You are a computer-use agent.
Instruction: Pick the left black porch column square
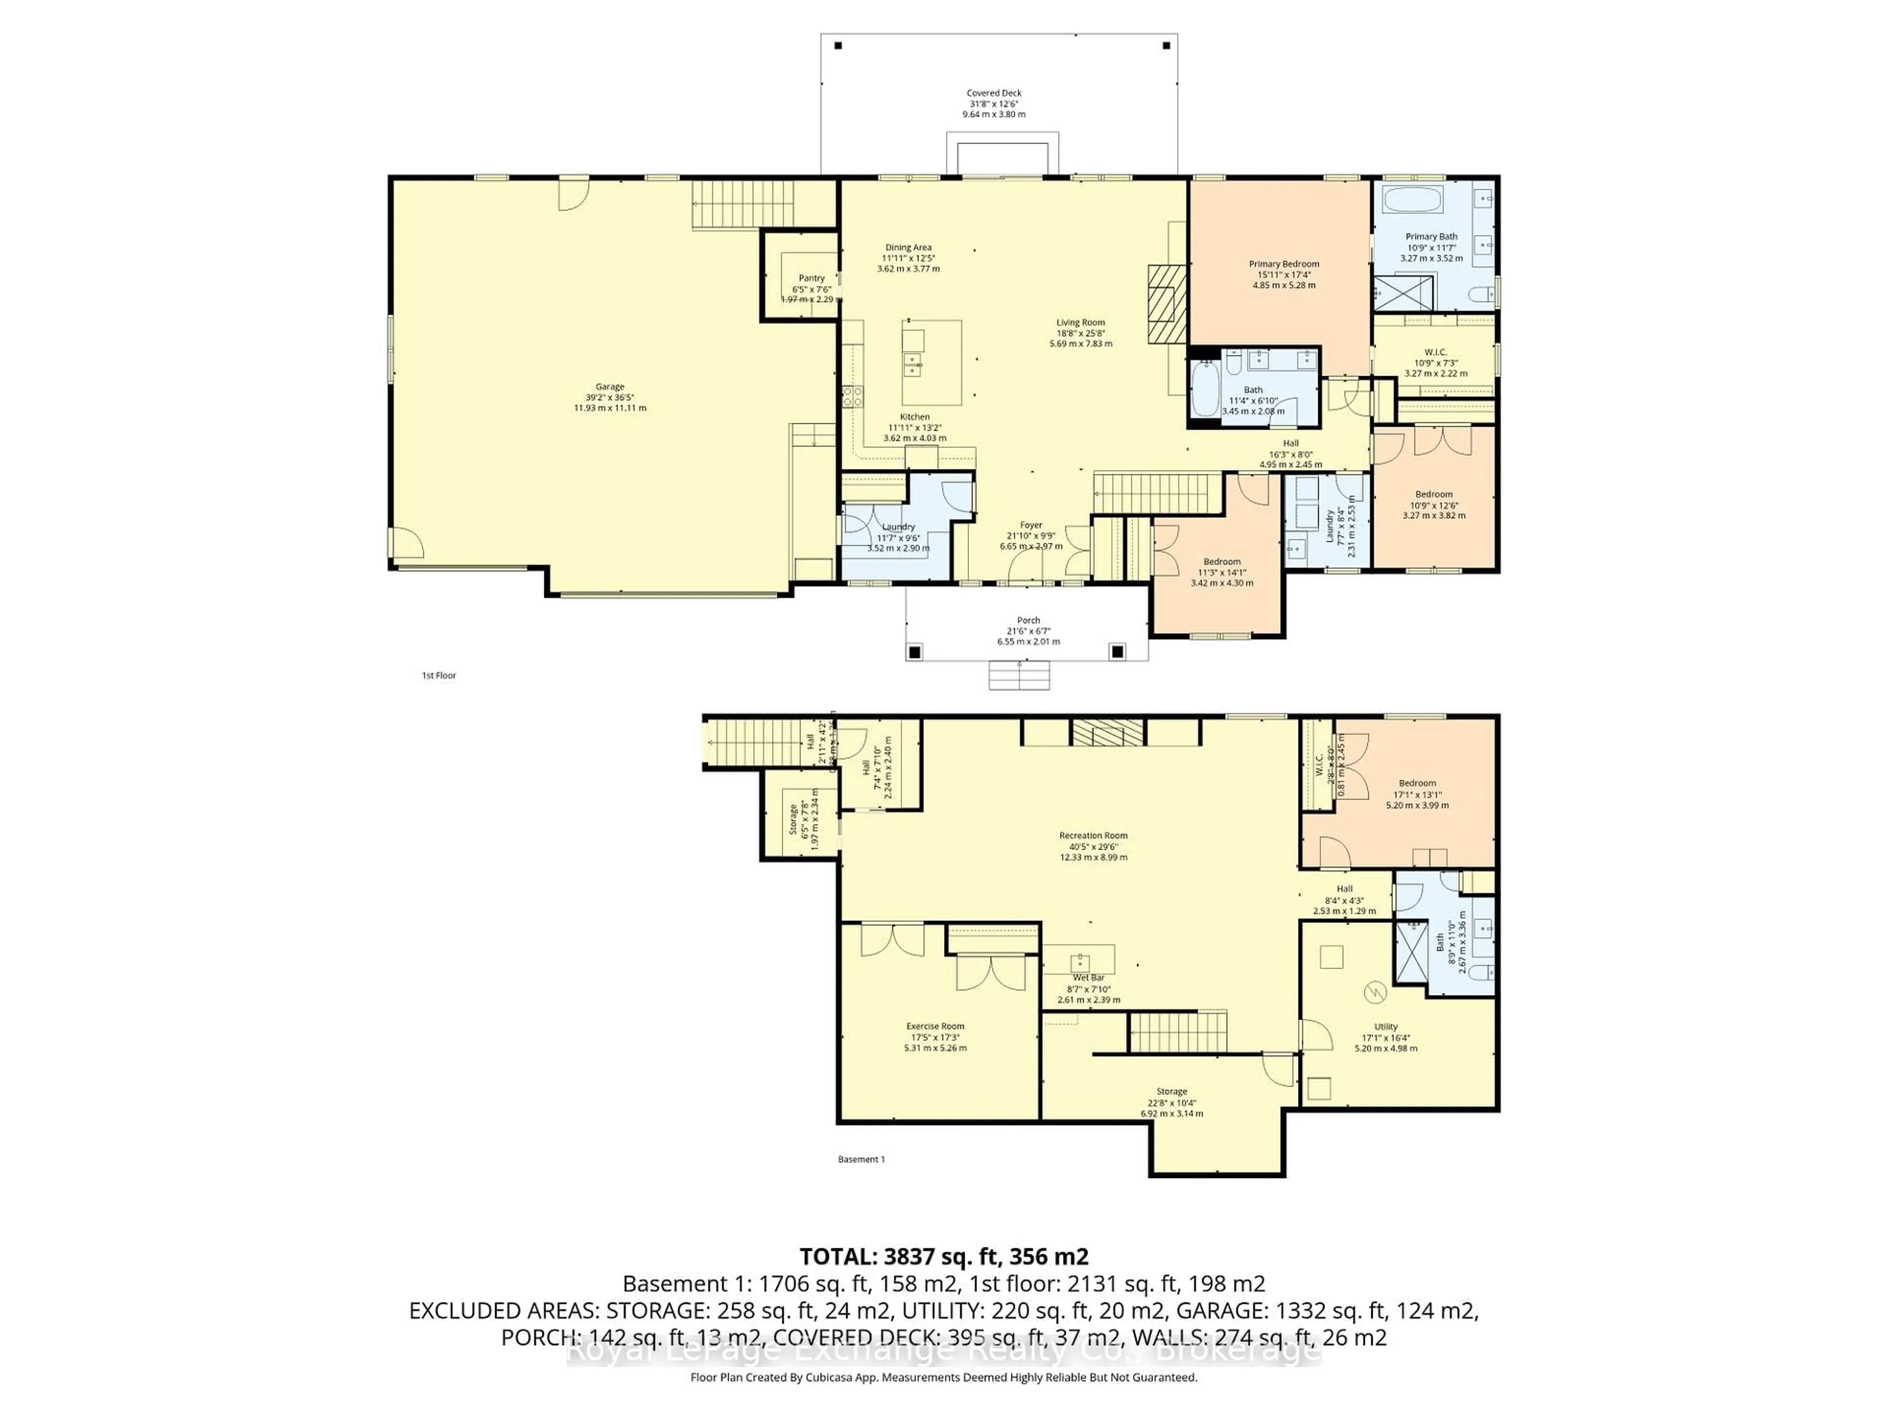[914, 652]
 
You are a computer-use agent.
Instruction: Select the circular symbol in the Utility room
[1374, 993]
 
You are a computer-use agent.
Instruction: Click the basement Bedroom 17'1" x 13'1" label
[1417, 794]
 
